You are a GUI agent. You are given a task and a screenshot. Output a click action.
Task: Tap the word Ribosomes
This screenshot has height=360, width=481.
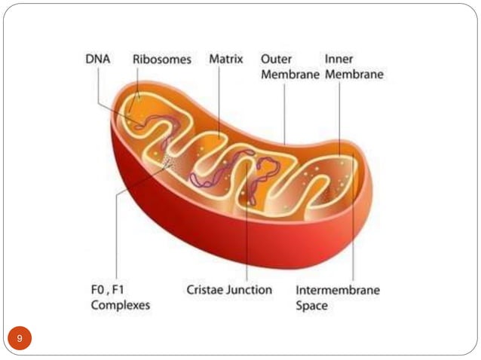[162, 59]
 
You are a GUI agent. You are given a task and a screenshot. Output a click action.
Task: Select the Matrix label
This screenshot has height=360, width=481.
[226, 59]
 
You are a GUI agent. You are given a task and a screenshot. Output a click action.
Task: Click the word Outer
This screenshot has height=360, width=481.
[277, 59]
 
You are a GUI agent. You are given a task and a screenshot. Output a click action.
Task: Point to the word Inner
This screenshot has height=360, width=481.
[339, 59]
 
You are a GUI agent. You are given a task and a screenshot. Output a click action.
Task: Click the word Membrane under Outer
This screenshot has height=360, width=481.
[290, 75]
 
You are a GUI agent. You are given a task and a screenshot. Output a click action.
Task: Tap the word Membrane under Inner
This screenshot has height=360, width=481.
[355, 75]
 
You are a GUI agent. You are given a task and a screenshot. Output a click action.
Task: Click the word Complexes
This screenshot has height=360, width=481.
[121, 306]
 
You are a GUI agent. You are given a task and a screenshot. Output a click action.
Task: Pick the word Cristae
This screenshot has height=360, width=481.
[206, 290]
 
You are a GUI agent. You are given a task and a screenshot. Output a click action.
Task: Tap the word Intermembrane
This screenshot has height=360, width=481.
[337, 290]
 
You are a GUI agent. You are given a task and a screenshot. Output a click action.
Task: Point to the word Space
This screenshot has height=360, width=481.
[312, 306]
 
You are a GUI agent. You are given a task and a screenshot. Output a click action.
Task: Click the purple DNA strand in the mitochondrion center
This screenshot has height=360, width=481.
[226, 169]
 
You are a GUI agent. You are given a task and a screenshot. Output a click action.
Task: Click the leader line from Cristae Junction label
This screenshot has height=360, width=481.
[247, 241]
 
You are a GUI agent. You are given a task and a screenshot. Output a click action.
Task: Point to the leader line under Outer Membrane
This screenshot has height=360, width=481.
[284, 113]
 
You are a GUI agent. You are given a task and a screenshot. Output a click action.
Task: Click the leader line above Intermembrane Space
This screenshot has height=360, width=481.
[353, 241]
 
